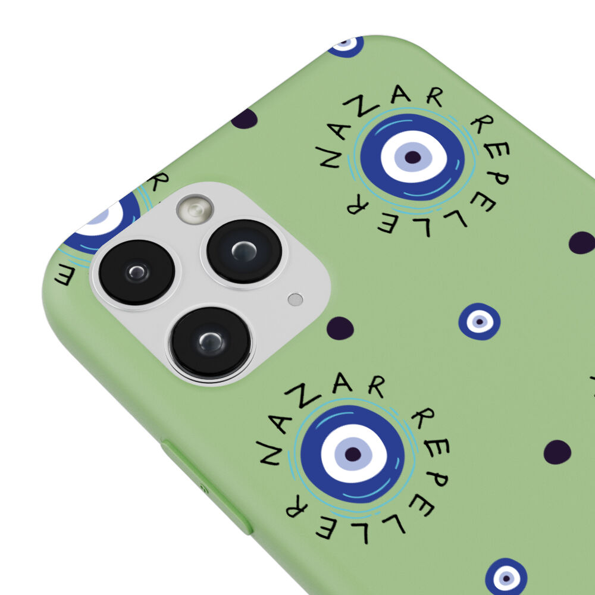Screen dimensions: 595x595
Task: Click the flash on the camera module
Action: [195, 209]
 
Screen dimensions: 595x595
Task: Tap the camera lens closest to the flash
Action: [244, 251]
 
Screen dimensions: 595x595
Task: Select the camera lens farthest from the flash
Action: [211, 343]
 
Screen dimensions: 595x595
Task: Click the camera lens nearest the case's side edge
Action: [137, 272]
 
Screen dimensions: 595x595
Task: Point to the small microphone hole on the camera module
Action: [295, 299]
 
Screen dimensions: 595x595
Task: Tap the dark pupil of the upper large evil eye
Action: [413, 157]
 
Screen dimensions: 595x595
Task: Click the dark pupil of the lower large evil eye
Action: [353, 454]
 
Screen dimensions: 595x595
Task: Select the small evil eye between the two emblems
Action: [479, 321]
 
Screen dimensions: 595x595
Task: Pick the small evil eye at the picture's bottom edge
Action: [506, 577]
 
